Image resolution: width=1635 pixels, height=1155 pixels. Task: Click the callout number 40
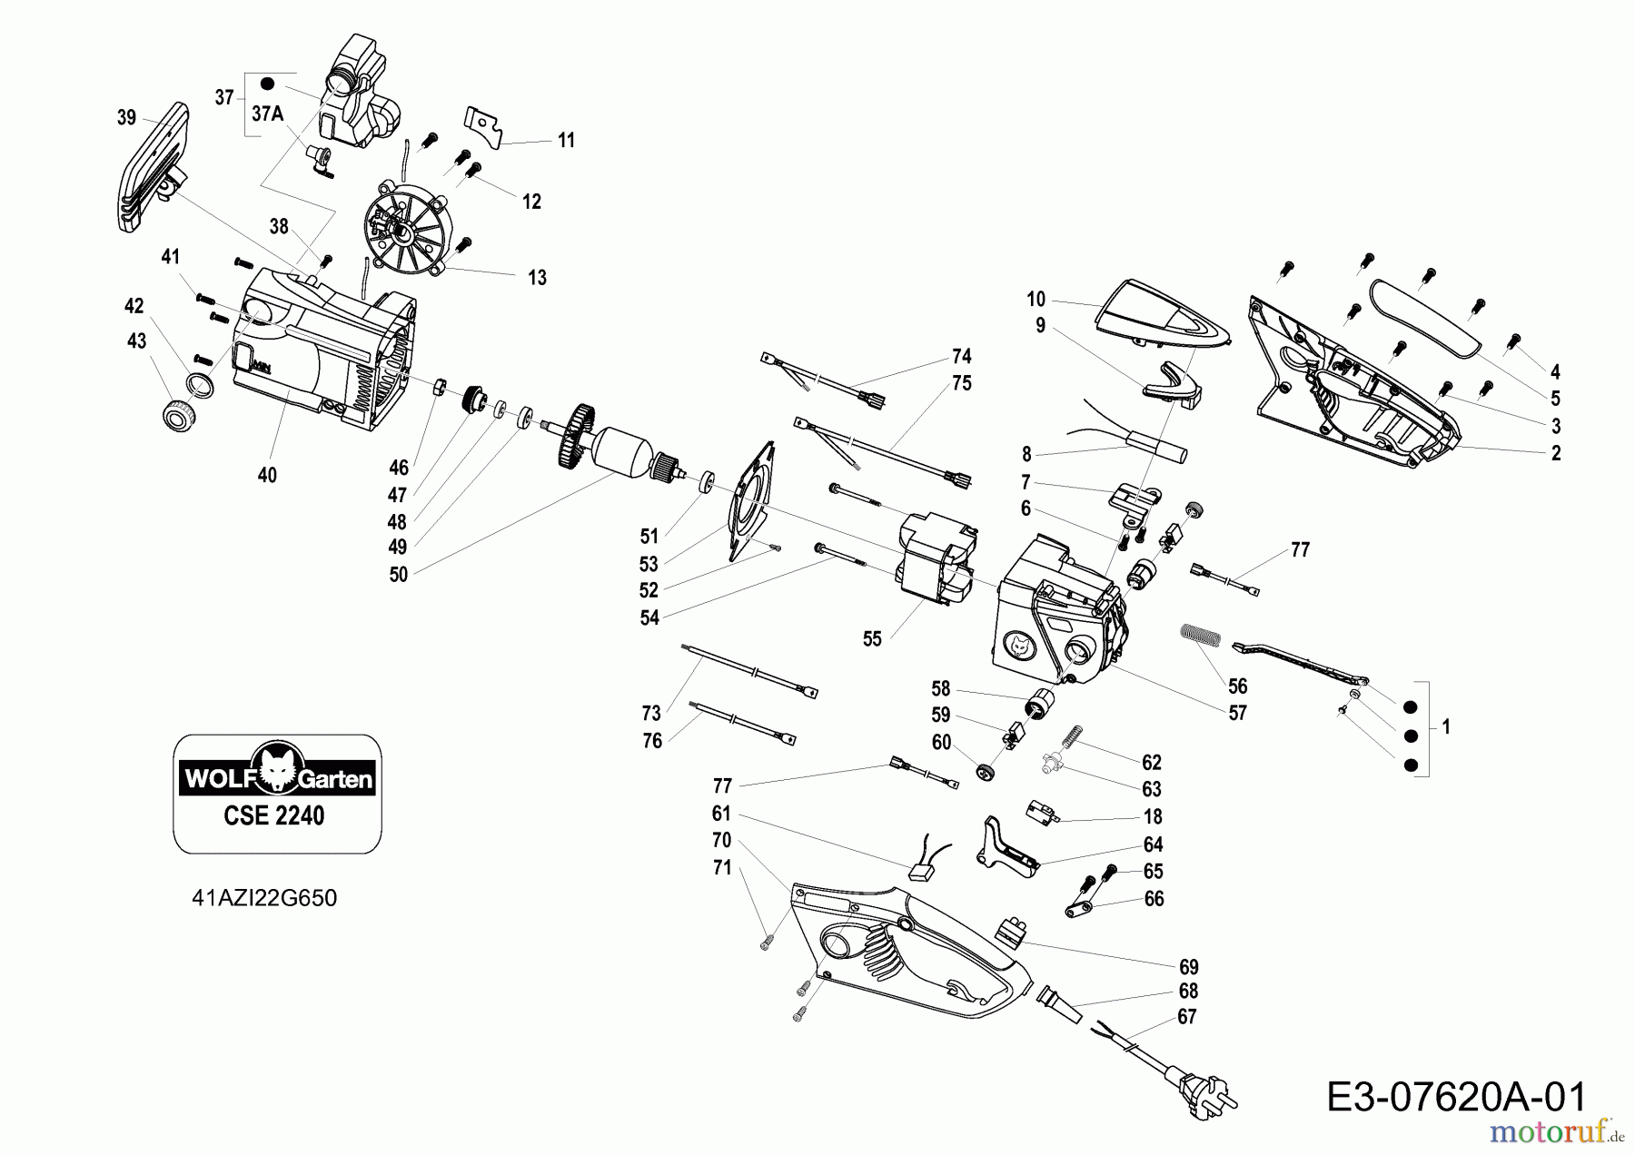point(267,475)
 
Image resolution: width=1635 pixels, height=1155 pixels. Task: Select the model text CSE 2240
point(273,815)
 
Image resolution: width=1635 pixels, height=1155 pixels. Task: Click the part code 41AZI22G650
point(264,898)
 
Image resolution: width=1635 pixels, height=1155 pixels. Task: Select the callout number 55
point(872,639)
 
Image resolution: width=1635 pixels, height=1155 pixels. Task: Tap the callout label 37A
point(267,114)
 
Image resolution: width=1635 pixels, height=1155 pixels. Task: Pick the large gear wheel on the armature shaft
point(578,438)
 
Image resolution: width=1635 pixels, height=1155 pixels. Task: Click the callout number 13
point(537,278)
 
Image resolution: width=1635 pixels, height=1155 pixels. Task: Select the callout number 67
point(1187,1017)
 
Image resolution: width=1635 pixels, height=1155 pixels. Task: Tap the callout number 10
point(1036,299)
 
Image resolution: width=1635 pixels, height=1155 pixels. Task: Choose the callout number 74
point(962,356)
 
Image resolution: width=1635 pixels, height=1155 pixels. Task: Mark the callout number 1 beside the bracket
point(1446,726)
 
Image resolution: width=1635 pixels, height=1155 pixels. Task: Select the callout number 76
point(652,741)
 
